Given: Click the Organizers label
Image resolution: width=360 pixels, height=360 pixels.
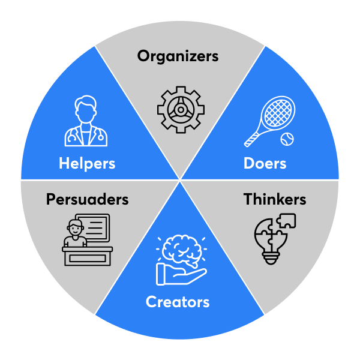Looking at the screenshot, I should coord(178,57).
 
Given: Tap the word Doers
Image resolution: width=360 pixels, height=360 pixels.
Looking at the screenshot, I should coord(265,163).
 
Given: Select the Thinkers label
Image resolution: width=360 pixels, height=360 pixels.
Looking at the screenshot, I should coord(275,199).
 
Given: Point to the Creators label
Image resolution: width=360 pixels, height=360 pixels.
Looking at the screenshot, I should coord(178,301).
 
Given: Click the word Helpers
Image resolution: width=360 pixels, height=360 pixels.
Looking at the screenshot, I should coord(87,163).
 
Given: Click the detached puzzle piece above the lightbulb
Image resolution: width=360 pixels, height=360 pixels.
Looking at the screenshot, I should coord(286,221).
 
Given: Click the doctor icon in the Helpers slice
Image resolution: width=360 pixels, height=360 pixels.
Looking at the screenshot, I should coord(86,122).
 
